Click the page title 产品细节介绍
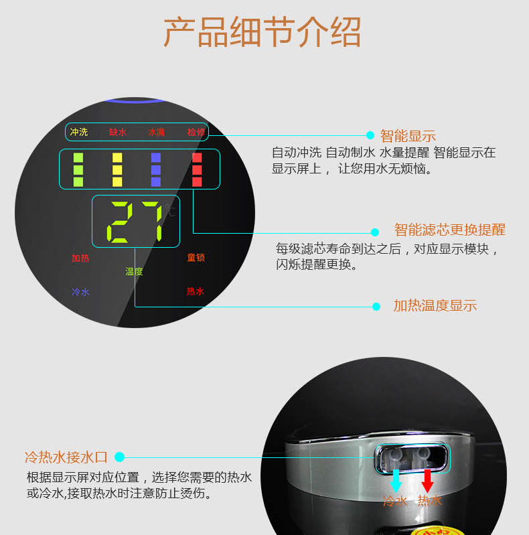pyautogui.click(x=262, y=32)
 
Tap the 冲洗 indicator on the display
pyautogui.click(x=79, y=132)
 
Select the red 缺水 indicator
pyautogui.click(x=118, y=132)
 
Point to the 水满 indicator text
pyautogui.click(x=157, y=132)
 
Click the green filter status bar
pyautogui.click(x=78, y=169)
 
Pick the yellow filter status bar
pyautogui.click(x=117, y=169)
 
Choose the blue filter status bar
pyautogui.click(x=155, y=169)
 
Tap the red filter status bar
pyautogui.click(x=197, y=169)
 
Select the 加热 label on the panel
pyautogui.click(x=80, y=258)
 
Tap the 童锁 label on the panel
pyautogui.click(x=196, y=257)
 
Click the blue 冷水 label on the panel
pyautogui.click(x=80, y=292)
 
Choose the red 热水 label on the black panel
pyautogui.click(x=196, y=291)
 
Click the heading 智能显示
pyautogui.click(x=408, y=136)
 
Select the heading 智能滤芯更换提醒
pyautogui.click(x=450, y=230)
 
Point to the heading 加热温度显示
pyautogui.click(x=435, y=305)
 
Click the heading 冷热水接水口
pyautogui.click(x=66, y=457)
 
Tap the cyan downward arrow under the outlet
pyautogui.click(x=396, y=481)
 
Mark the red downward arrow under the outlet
pyautogui.click(x=427, y=481)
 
